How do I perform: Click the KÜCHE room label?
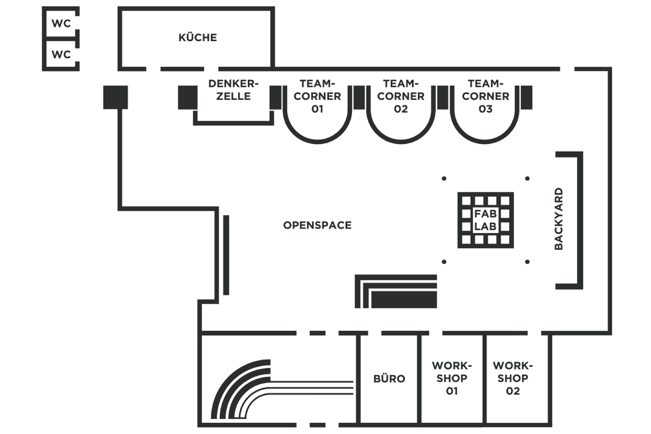click(x=198, y=38)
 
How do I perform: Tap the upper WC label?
click(x=61, y=24)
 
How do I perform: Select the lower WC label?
click(x=61, y=54)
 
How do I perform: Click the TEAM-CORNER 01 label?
click(x=317, y=96)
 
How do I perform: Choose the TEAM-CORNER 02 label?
click(x=401, y=96)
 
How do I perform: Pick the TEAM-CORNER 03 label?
click(x=486, y=96)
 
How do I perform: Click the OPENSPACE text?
click(x=317, y=225)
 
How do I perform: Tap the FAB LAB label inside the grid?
click(x=486, y=220)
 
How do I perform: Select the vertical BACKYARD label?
click(x=558, y=219)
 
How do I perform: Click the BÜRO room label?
click(x=389, y=379)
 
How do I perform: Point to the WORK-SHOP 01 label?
click(x=452, y=379)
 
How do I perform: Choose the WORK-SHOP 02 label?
click(x=513, y=379)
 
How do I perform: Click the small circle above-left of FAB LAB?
click(x=444, y=179)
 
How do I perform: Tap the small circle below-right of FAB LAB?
click(x=527, y=262)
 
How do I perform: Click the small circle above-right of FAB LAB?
click(x=527, y=179)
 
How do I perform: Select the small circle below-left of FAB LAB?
click(x=444, y=262)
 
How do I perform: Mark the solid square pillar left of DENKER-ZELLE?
click(x=187, y=97)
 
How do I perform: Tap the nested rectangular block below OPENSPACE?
click(x=396, y=292)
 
